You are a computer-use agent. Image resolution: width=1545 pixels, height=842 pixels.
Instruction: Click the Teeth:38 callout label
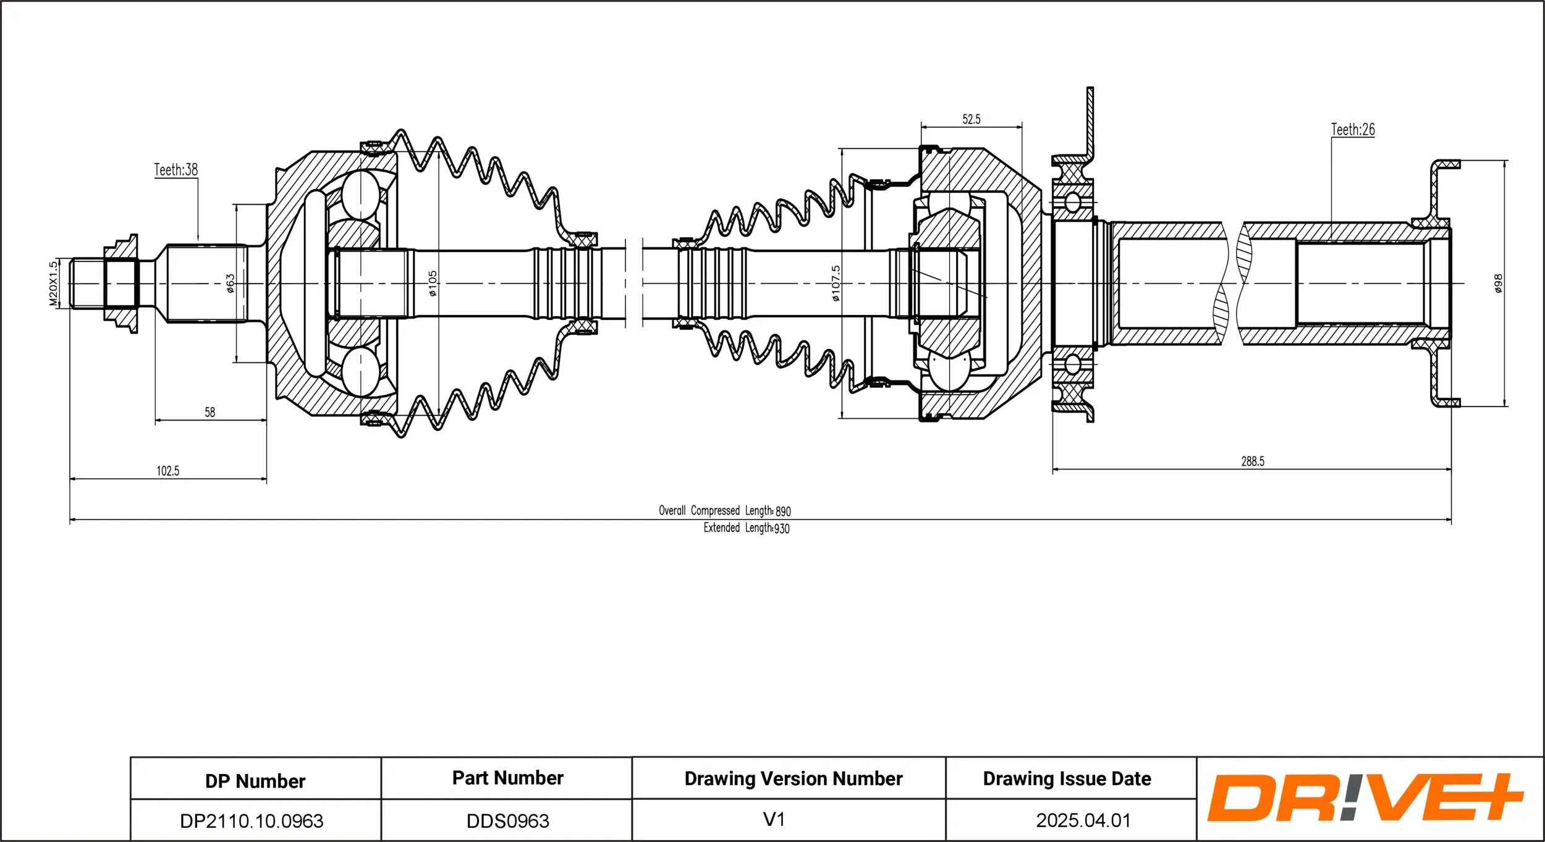176,170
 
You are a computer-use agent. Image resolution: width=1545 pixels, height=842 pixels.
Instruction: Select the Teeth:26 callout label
1352,130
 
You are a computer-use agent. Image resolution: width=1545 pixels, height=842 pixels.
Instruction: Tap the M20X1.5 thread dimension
53,284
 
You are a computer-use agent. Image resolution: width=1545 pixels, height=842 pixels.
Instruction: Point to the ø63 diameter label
230,284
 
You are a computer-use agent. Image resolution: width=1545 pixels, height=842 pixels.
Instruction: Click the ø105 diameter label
433,284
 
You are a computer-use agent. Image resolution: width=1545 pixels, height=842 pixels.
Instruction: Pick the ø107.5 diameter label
836,284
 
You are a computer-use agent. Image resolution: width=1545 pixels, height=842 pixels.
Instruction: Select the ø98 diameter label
1498,284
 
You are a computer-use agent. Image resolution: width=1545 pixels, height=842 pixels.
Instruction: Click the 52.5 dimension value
971,120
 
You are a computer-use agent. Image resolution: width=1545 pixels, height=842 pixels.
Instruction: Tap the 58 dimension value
210,412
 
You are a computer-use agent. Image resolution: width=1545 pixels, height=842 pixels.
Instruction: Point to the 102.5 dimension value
167,471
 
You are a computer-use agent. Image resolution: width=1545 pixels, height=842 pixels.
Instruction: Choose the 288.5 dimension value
1253,461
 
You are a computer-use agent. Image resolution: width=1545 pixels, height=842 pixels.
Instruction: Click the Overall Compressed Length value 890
783,512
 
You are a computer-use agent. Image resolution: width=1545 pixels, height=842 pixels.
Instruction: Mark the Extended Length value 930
782,529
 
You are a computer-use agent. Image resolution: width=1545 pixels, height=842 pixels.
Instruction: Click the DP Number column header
255,781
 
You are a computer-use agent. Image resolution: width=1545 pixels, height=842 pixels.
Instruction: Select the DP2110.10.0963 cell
252,821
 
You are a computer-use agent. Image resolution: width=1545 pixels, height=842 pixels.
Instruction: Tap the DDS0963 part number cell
507,821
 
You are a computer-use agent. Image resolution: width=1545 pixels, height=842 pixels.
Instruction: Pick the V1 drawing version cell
774,820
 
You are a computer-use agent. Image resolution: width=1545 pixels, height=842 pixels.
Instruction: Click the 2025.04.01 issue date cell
1083,820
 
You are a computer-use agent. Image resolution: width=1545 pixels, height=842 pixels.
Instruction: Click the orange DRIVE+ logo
1366,798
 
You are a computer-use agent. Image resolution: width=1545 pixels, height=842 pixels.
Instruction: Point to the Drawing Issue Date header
1067,779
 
